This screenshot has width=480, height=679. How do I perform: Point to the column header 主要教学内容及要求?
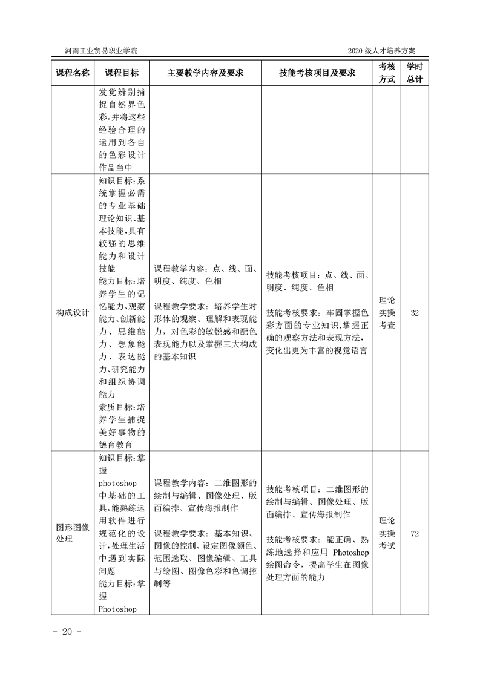pos(205,73)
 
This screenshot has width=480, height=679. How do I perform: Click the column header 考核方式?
pos(387,73)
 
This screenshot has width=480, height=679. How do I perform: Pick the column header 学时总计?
pos(415,73)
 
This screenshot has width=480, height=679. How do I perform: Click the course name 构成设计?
pos(73,313)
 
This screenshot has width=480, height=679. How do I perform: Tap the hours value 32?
pos(415,313)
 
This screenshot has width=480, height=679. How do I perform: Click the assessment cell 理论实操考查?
pos(387,312)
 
